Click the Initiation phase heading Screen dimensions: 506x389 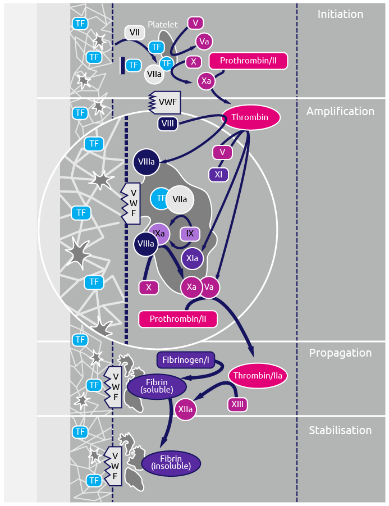[x=340, y=15]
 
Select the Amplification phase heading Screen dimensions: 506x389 [x=340, y=111]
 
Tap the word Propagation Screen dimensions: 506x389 [x=340, y=353]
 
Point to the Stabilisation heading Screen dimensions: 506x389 [x=340, y=430]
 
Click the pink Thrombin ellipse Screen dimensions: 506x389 [x=251, y=117]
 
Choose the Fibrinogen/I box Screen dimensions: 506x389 [x=185, y=359]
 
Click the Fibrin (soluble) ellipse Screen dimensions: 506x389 [x=157, y=386]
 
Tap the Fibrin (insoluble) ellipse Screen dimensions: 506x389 [x=171, y=463]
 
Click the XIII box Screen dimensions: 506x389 [x=237, y=404]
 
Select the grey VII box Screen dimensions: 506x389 [x=135, y=33]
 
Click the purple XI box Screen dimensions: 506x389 [x=218, y=175]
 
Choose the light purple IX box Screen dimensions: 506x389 [x=190, y=234]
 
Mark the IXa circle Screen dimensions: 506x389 [x=159, y=233]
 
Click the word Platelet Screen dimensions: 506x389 [x=162, y=25]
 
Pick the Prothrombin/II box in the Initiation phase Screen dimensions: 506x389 [x=248, y=61]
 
